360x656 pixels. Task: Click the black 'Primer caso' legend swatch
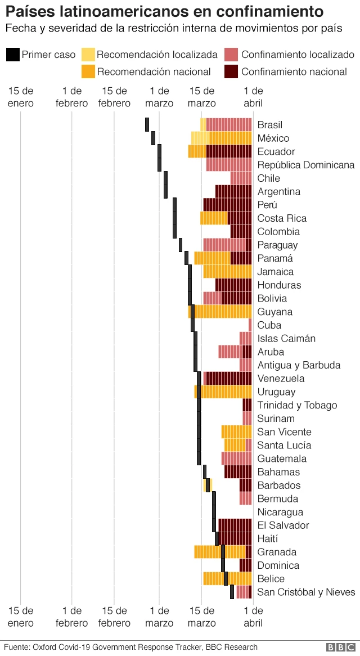[13, 55]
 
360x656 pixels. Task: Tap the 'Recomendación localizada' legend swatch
[88, 55]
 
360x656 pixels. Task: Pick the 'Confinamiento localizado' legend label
[298, 55]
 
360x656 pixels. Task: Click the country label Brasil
[269, 125]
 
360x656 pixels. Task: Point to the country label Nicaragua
[280, 512]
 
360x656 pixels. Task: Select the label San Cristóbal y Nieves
[306, 592]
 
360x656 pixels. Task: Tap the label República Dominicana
[306, 165]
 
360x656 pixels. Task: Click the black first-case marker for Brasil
[147, 125]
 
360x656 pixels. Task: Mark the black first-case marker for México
[153, 138]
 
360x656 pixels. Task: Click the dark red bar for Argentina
[233, 191]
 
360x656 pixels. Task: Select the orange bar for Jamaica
[227, 272]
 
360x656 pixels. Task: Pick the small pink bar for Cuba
[250, 325]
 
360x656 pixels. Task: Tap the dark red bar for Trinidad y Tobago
[247, 405]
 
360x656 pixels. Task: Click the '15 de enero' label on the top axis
[21, 97]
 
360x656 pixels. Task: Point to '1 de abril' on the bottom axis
[253, 617]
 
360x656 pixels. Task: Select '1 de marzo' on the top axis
[159, 97]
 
